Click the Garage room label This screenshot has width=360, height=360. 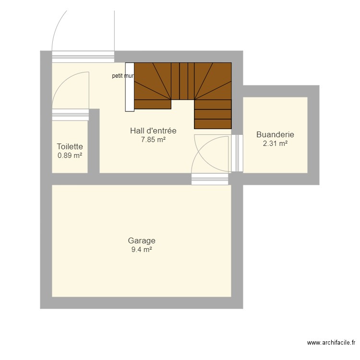(x=142, y=241)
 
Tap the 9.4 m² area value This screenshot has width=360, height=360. (x=142, y=250)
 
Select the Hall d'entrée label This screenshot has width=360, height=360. (x=153, y=131)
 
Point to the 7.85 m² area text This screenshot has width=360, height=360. (x=153, y=140)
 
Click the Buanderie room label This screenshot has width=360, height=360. (x=275, y=135)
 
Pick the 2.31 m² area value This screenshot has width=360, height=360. (x=275, y=144)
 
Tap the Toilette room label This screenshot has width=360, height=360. (x=70, y=146)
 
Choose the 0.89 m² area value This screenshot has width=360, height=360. (x=70, y=156)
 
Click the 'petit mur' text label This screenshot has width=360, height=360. (x=123, y=76)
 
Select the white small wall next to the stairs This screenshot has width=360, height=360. (x=129, y=87)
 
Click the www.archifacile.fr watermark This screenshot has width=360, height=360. (x=331, y=343)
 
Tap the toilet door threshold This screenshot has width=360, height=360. (x=70, y=115)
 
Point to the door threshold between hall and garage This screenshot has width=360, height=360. (x=210, y=179)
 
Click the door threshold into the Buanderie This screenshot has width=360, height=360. (x=237, y=153)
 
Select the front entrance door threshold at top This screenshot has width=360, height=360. (x=83, y=57)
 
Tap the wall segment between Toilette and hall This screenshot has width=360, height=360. (x=94, y=142)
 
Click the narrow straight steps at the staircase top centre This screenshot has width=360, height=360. (x=183, y=81)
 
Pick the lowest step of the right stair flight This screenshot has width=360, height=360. (x=213, y=124)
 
